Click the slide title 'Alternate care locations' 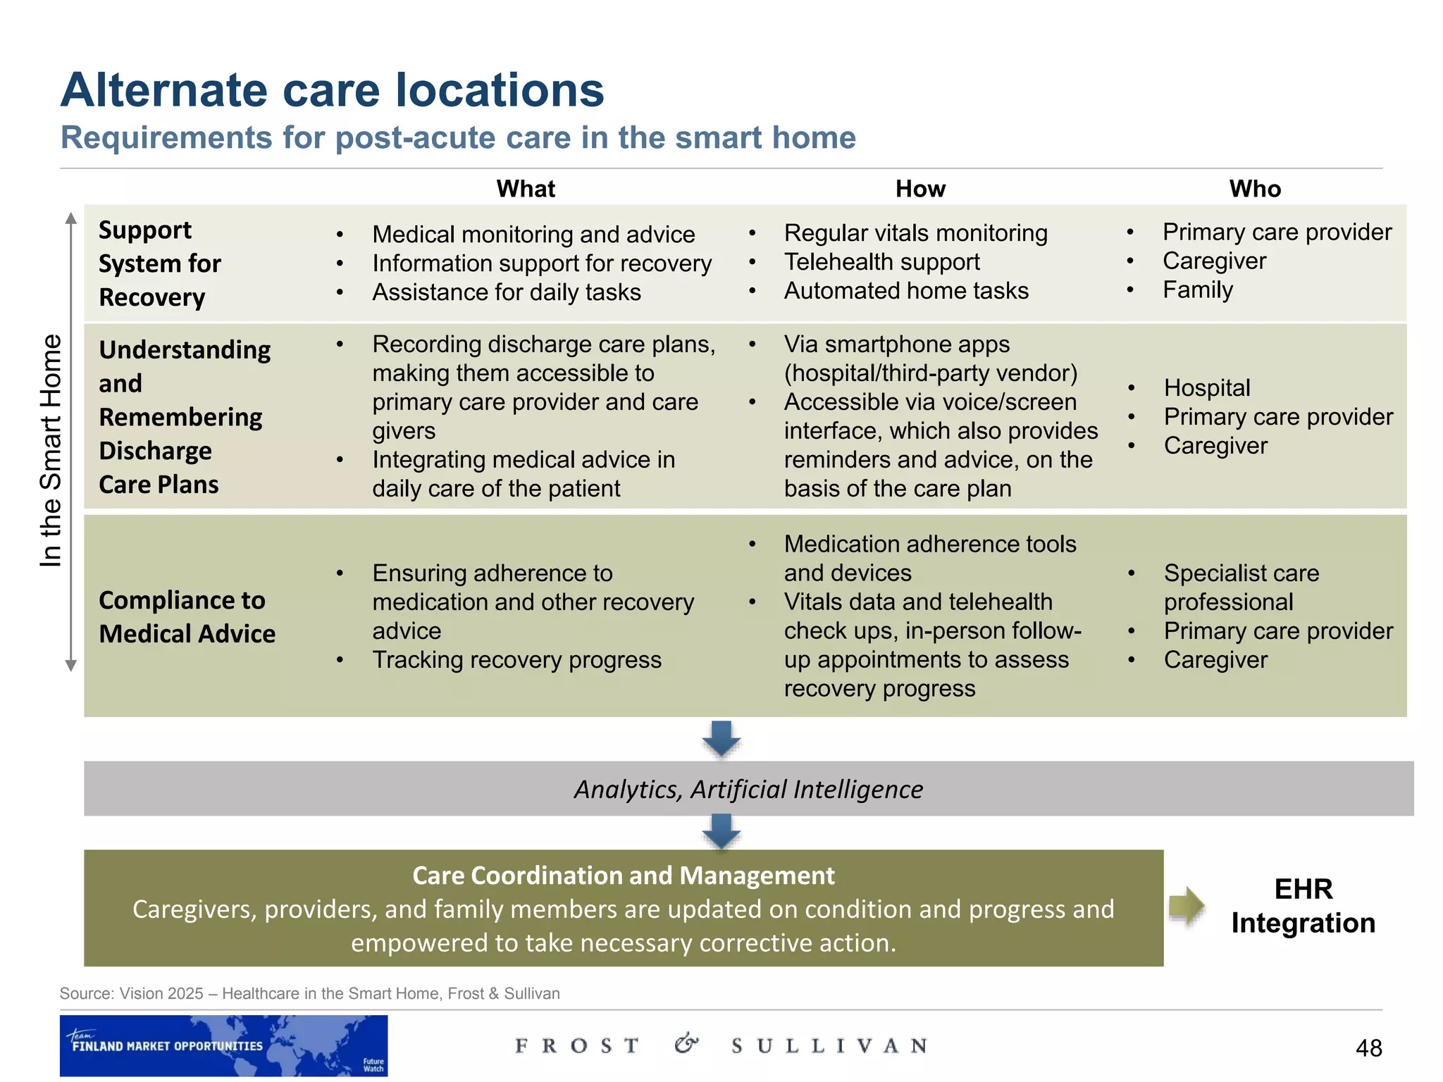pyautogui.click(x=332, y=90)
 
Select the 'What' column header pyautogui.click(x=526, y=189)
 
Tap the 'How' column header pyautogui.click(x=920, y=189)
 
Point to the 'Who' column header pyautogui.click(x=1255, y=189)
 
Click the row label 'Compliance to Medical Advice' pyautogui.click(x=187, y=616)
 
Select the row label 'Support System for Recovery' pyautogui.click(x=160, y=263)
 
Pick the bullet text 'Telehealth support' pyautogui.click(x=881, y=262)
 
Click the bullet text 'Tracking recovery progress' pyautogui.click(x=516, y=660)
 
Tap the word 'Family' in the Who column pyautogui.click(x=1198, y=290)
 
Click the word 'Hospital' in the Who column pyautogui.click(x=1207, y=387)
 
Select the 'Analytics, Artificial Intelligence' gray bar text pyautogui.click(x=748, y=789)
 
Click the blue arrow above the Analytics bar pyautogui.click(x=721, y=739)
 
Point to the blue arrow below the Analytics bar pyautogui.click(x=721, y=832)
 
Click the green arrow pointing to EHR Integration pyautogui.click(x=1187, y=906)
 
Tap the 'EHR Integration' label pyautogui.click(x=1303, y=906)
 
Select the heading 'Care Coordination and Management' pyautogui.click(x=623, y=876)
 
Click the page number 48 pyautogui.click(x=1368, y=1048)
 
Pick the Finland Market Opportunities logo pyautogui.click(x=223, y=1045)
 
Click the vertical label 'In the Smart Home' pyautogui.click(x=51, y=451)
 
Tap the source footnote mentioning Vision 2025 pyautogui.click(x=309, y=993)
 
